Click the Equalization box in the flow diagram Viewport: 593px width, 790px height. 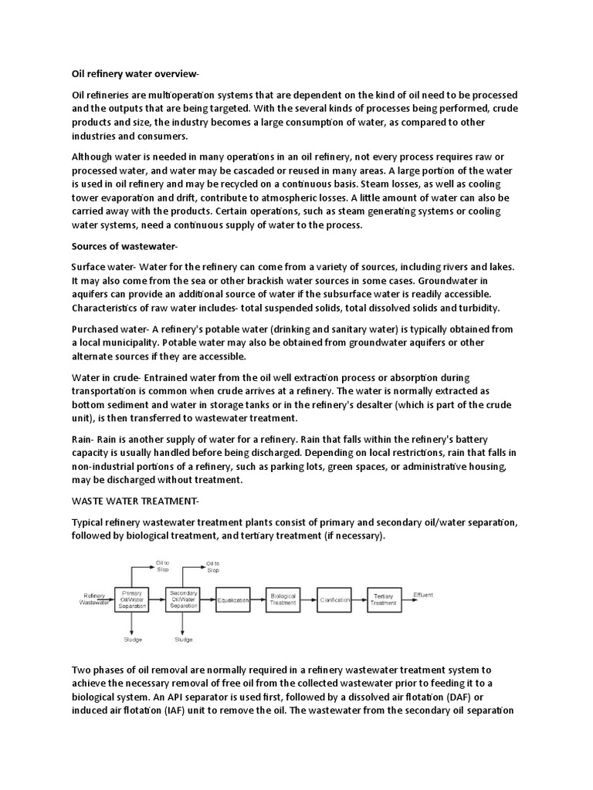click(x=232, y=599)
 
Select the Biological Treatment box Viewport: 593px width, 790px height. click(x=283, y=599)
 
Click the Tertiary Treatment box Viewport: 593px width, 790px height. click(x=384, y=599)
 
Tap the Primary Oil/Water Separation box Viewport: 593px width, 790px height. click(x=132, y=599)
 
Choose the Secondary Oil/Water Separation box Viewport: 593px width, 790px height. click(x=183, y=599)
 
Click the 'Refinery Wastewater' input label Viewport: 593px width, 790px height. click(x=95, y=599)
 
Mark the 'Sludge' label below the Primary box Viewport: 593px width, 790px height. click(x=132, y=639)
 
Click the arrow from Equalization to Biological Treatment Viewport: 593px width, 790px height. click(x=259, y=599)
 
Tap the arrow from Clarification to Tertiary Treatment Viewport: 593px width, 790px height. click(x=359, y=599)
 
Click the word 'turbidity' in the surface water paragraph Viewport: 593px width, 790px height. click(x=477, y=308)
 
